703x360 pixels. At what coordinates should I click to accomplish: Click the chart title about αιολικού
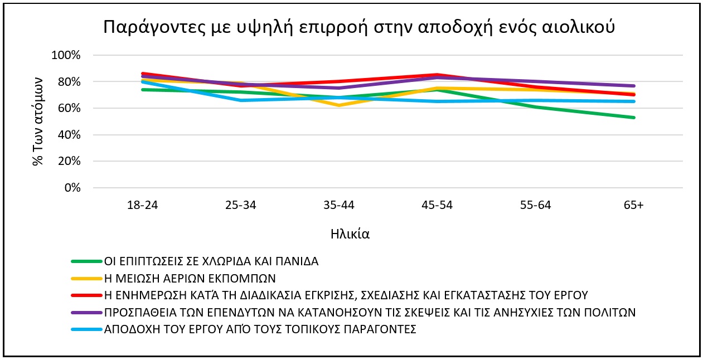click(360, 26)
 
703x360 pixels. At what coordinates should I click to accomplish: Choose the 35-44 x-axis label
click(339, 205)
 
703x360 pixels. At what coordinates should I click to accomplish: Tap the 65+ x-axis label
click(634, 205)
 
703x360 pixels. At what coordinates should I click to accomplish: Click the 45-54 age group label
click(437, 205)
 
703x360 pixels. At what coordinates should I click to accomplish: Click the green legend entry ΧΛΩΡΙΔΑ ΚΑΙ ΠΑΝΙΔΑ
click(211, 261)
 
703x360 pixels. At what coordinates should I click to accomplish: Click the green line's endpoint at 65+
click(634, 118)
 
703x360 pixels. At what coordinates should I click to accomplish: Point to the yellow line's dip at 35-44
click(339, 105)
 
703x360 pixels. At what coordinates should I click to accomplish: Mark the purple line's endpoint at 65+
click(634, 86)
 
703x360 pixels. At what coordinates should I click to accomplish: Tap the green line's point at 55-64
click(535, 106)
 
